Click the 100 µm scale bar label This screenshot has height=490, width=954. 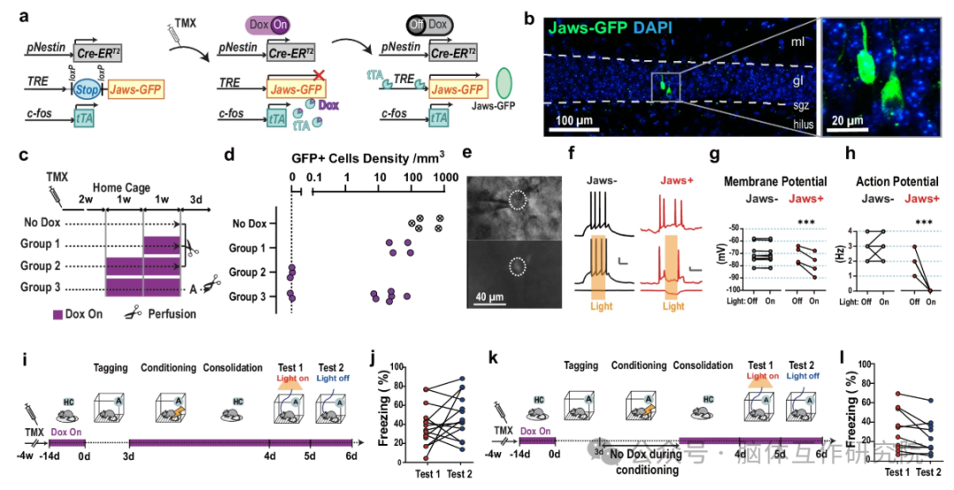[x=579, y=119]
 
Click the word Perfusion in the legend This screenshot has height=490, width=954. [x=174, y=313]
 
